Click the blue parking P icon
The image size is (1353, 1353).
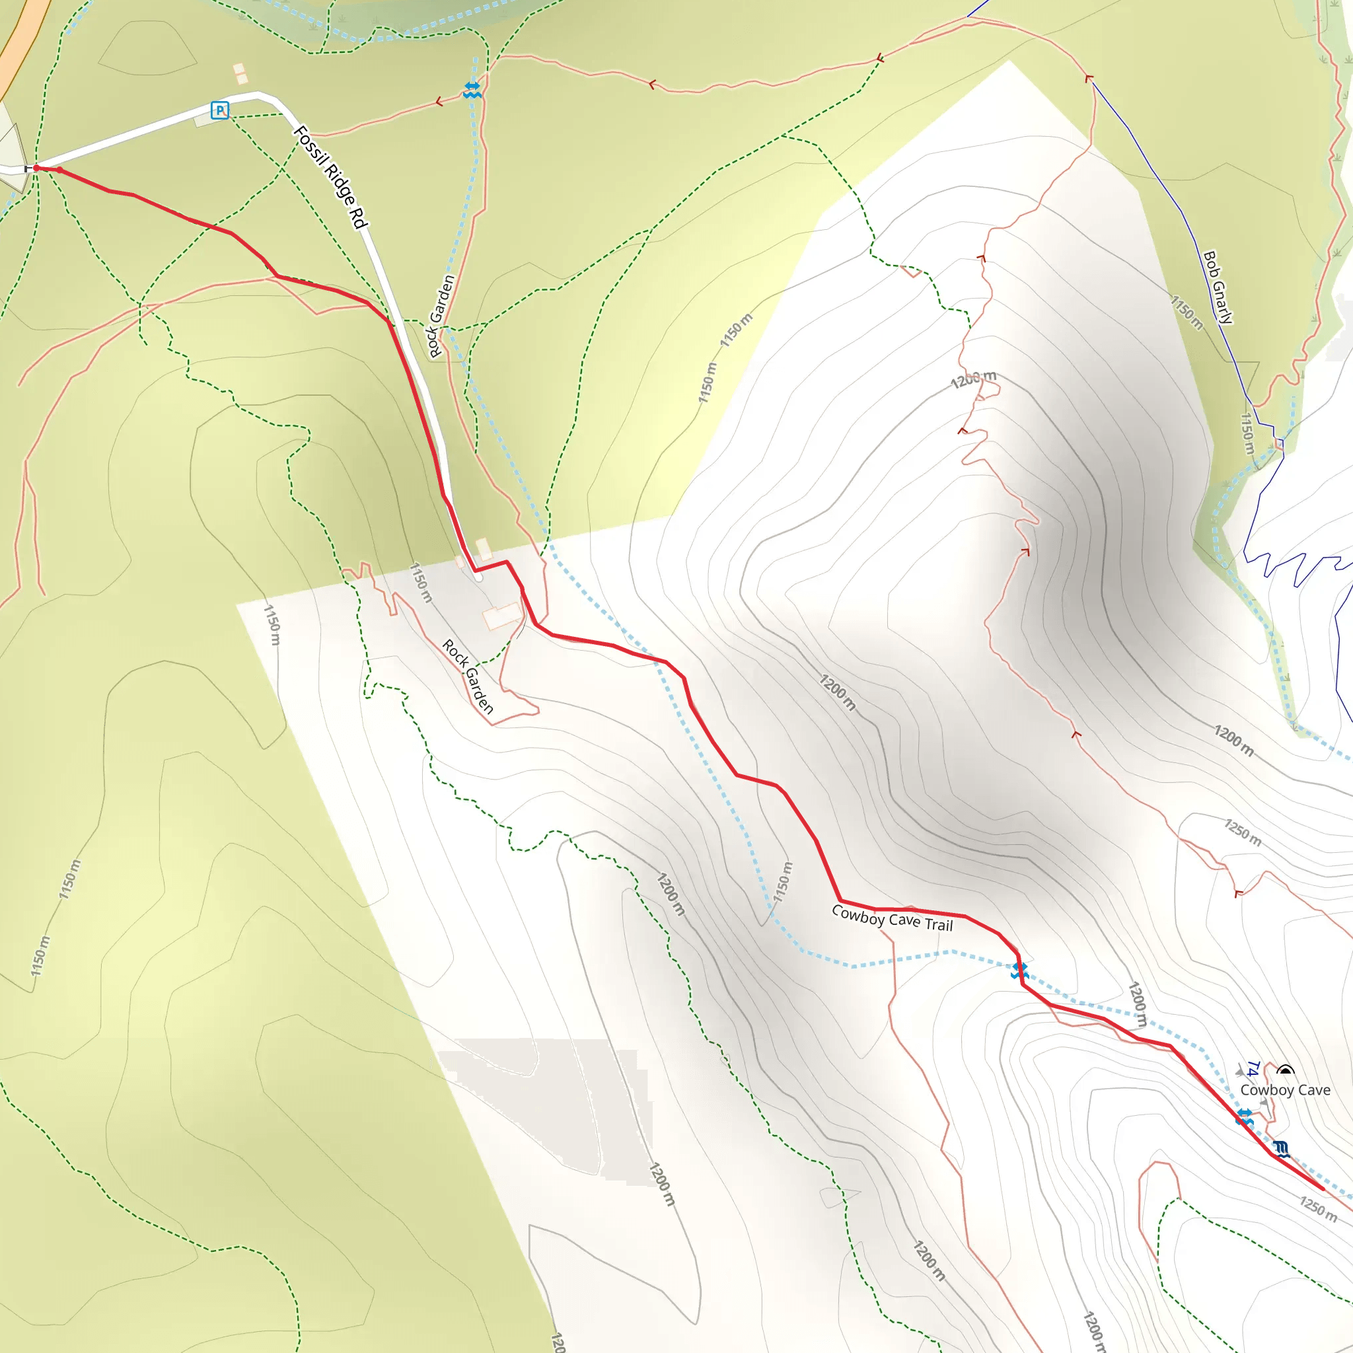[220, 110]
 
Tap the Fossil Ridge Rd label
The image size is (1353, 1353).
[330, 176]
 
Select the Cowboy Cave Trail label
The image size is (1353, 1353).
[892, 918]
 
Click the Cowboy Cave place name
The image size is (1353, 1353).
[1285, 1089]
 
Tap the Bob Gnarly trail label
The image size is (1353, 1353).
[1218, 287]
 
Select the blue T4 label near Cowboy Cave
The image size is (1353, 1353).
[1253, 1070]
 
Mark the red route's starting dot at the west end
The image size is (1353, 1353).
[36, 168]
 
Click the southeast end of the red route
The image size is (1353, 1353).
[1322, 1188]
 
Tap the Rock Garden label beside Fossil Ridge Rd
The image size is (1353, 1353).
[441, 316]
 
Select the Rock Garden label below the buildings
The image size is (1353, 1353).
[468, 676]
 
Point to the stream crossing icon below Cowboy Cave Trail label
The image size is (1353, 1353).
[1019, 970]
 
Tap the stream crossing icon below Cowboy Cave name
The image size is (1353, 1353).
[1245, 1118]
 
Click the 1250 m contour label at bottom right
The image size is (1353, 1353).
[1318, 1210]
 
